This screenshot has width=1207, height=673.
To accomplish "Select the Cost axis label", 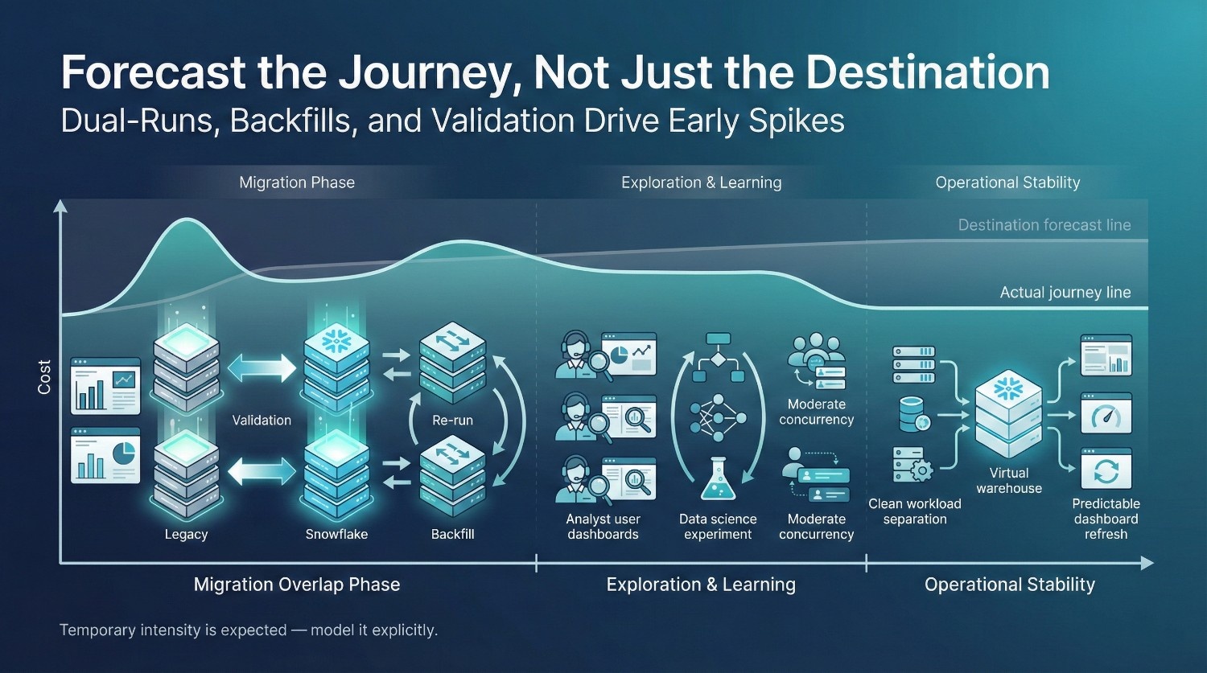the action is pos(44,377).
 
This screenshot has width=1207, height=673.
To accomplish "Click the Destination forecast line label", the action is pos(1044,224).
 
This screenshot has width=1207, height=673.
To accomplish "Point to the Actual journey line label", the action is pos(1065,293).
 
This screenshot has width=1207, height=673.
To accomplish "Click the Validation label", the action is pos(262,420).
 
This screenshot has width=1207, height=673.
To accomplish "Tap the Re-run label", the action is pos(452,420).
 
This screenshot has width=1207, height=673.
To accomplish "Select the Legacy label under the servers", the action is pos(186,534).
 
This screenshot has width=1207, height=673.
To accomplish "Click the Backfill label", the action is pos(452,534).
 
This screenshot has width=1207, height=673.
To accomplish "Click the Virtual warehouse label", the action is pos(1009,481).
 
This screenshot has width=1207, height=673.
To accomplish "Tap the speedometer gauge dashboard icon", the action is pos(1106,413).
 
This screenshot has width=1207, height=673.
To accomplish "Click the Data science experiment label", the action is pos(718,527).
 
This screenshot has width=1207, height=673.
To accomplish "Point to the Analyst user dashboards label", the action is pos(603,527).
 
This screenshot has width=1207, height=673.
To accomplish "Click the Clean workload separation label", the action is pos(915,511).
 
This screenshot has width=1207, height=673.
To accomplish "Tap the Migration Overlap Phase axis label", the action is pos(297,585).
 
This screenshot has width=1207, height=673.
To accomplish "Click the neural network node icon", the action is pos(719,417).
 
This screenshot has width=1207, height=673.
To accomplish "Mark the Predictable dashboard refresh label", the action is pos(1106,519).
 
